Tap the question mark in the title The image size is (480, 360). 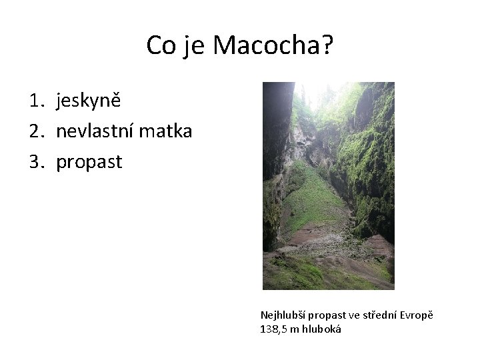tap(327, 45)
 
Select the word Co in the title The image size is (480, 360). tap(161, 45)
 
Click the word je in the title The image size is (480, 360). tap(195, 45)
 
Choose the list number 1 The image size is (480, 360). tap(35, 101)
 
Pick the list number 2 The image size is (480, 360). tap(35, 131)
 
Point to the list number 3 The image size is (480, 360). tap(35, 162)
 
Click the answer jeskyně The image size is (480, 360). tap(89, 101)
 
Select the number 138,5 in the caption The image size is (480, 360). tap(272, 329)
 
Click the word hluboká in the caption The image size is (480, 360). tap(322, 329)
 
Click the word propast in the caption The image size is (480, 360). tap(325, 315)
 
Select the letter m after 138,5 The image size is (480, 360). tap(295, 329)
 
